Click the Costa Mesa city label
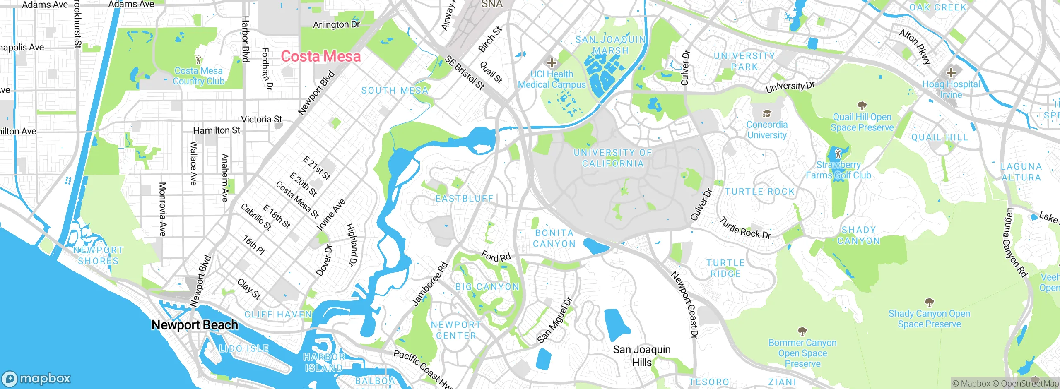point(321,56)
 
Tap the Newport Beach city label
point(195,325)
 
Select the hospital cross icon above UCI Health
point(552,63)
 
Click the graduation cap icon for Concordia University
point(766,113)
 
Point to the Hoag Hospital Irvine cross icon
point(951,73)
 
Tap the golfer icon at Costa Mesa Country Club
point(198,60)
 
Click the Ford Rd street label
point(496,257)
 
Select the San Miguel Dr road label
point(554,320)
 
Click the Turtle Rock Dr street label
point(745,228)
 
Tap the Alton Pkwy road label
point(915,47)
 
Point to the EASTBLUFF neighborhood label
point(465,199)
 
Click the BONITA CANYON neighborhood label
point(554,238)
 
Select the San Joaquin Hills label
point(642,356)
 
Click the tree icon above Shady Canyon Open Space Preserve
point(929,302)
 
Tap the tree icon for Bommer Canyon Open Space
point(802,331)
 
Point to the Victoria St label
point(261,120)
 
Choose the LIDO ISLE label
point(244,348)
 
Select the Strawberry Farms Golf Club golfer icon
point(838,154)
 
